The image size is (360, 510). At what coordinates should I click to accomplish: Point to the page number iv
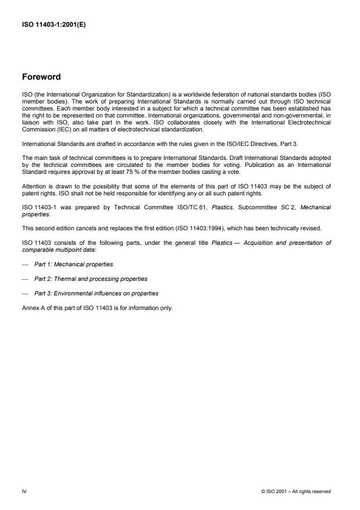point(24,491)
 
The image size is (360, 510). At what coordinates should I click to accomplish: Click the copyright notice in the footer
point(297,491)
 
